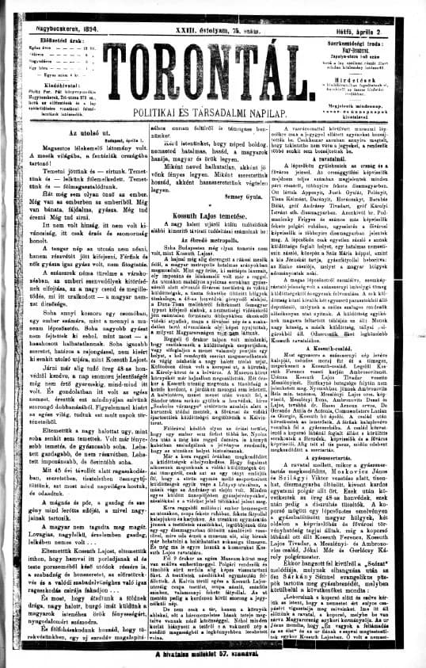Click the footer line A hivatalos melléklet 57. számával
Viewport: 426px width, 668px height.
point(214,658)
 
